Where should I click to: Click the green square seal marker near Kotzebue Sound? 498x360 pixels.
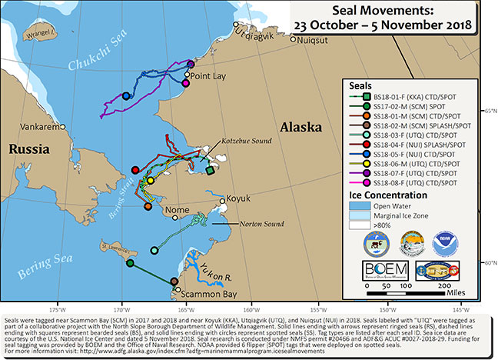(210, 171)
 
